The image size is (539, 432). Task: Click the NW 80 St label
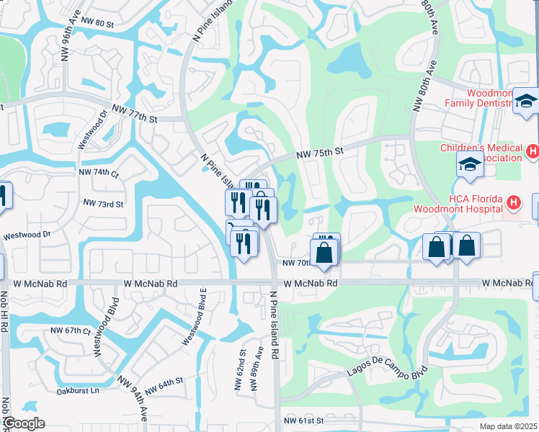98,24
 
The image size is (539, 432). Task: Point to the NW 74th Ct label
99,173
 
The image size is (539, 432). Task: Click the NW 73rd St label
104,204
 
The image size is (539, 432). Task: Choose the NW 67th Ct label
71,330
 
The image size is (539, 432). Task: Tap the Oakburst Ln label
77,392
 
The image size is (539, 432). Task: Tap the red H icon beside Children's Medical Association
533,151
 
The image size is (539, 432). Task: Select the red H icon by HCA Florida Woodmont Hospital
513,204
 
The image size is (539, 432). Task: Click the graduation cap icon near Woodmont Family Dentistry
526,102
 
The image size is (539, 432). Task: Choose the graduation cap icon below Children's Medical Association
469,165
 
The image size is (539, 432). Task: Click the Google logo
24,423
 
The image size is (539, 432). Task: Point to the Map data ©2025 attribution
506,426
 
